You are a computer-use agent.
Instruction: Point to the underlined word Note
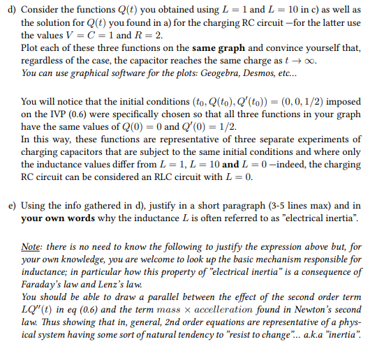point(31,246)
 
